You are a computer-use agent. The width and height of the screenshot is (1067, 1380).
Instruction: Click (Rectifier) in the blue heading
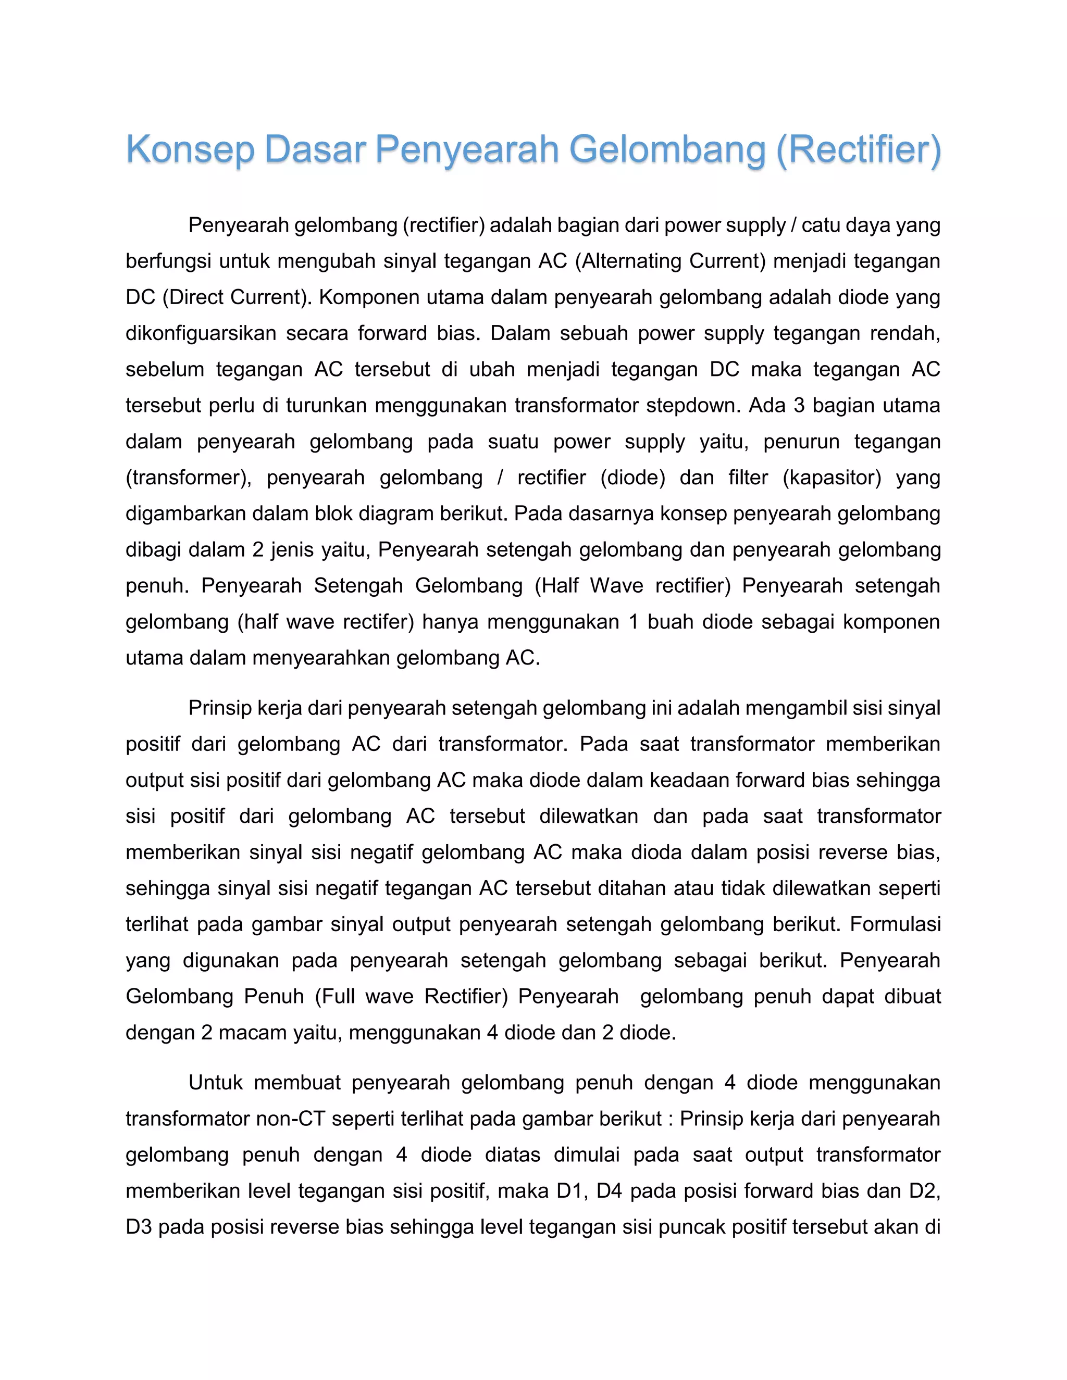858,150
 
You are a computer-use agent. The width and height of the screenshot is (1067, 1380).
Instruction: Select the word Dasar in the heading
315,150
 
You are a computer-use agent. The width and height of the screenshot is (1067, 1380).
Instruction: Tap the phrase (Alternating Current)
670,261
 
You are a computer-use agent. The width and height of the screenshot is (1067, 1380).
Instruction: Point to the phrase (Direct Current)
237,297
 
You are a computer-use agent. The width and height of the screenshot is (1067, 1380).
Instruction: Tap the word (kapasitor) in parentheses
832,477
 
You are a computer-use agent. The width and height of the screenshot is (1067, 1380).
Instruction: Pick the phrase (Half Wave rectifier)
632,585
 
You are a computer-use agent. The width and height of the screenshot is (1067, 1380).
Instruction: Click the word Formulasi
895,924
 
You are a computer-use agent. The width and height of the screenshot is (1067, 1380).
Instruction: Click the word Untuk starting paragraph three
216,1083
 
